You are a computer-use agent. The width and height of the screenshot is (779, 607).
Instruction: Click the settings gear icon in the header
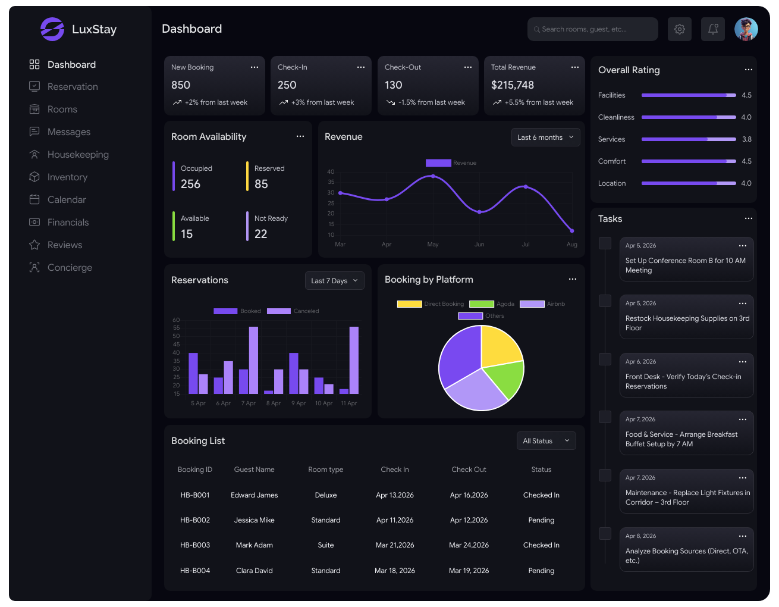pos(679,29)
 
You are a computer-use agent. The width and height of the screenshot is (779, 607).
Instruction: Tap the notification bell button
pos(712,29)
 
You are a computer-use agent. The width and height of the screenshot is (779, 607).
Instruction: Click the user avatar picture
pos(746,29)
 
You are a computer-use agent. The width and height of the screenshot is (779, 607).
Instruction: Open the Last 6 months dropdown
pos(545,137)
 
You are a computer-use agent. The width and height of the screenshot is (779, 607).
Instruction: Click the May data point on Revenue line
pos(433,176)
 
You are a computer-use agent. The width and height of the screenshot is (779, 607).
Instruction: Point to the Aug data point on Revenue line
pos(572,231)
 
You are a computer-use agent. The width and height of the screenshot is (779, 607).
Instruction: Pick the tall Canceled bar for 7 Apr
pos(253,360)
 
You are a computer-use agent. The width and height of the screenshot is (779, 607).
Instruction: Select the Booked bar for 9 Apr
pos(294,374)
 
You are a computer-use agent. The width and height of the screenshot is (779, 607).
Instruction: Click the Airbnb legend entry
pos(542,304)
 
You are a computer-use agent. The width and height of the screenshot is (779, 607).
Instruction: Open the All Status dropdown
pos(546,440)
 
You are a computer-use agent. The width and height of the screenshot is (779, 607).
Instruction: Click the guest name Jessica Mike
pos(254,520)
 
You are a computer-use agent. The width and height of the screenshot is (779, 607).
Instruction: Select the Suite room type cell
pos(325,545)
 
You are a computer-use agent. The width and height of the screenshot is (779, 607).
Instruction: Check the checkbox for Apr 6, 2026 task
pos(605,359)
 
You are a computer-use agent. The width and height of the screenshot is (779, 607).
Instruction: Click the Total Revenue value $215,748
pos(512,85)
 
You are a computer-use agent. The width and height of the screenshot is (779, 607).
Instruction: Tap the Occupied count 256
pos(190,184)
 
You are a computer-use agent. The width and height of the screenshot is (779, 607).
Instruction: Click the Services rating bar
pos(688,139)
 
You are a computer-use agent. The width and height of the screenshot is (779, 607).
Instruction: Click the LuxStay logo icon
pos(52,29)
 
